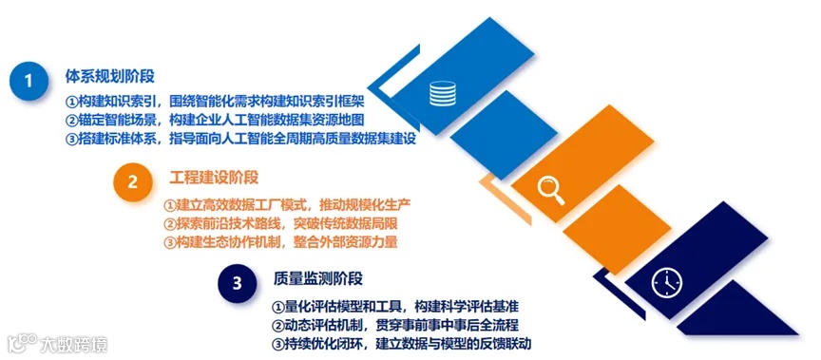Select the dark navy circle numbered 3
click(238, 282)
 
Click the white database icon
click(441, 94)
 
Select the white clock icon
click(667, 282)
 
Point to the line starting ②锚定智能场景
click(215, 120)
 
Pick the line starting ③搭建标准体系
click(241, 140)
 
